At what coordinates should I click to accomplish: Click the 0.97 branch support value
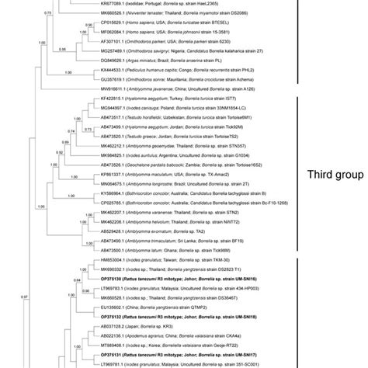coord(25,298)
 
